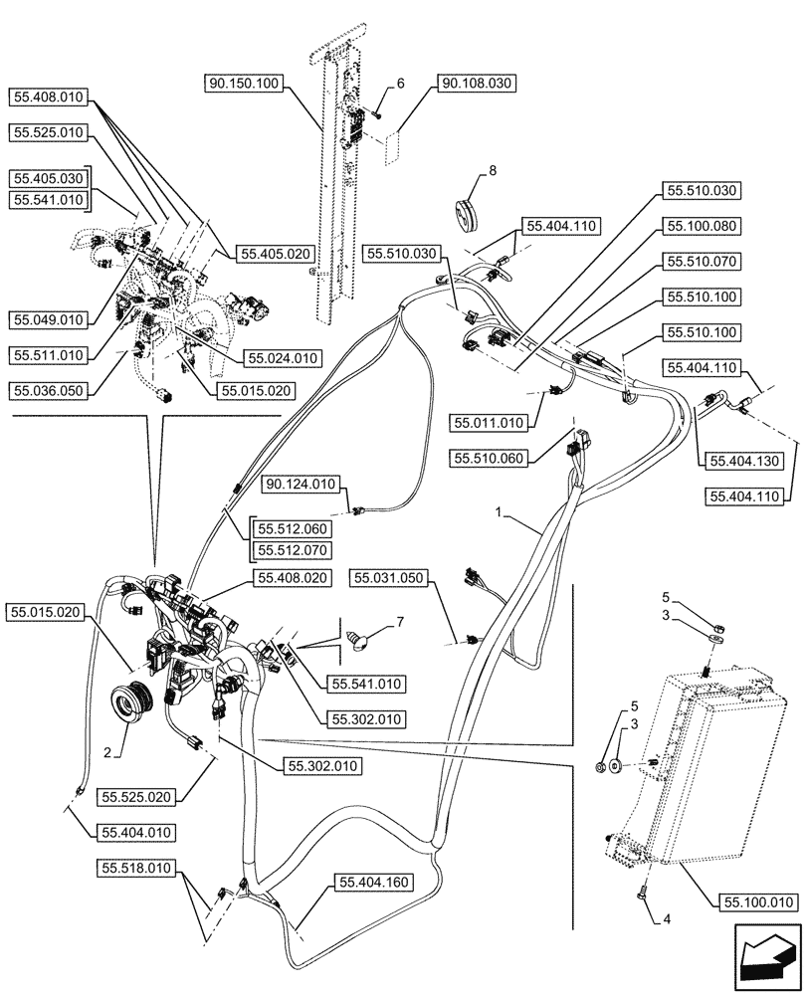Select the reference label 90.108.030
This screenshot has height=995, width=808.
[x=474, y=85]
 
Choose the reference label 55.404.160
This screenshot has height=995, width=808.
[x=374, y=882]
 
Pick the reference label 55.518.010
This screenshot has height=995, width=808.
[x=134, y=869]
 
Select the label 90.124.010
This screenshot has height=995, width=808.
[x=301, y=485]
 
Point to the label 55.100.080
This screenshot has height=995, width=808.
[x=701, y=226]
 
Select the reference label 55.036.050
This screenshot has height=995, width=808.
[x=49, y=391]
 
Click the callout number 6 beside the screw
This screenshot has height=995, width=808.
[x=399, y=85]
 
